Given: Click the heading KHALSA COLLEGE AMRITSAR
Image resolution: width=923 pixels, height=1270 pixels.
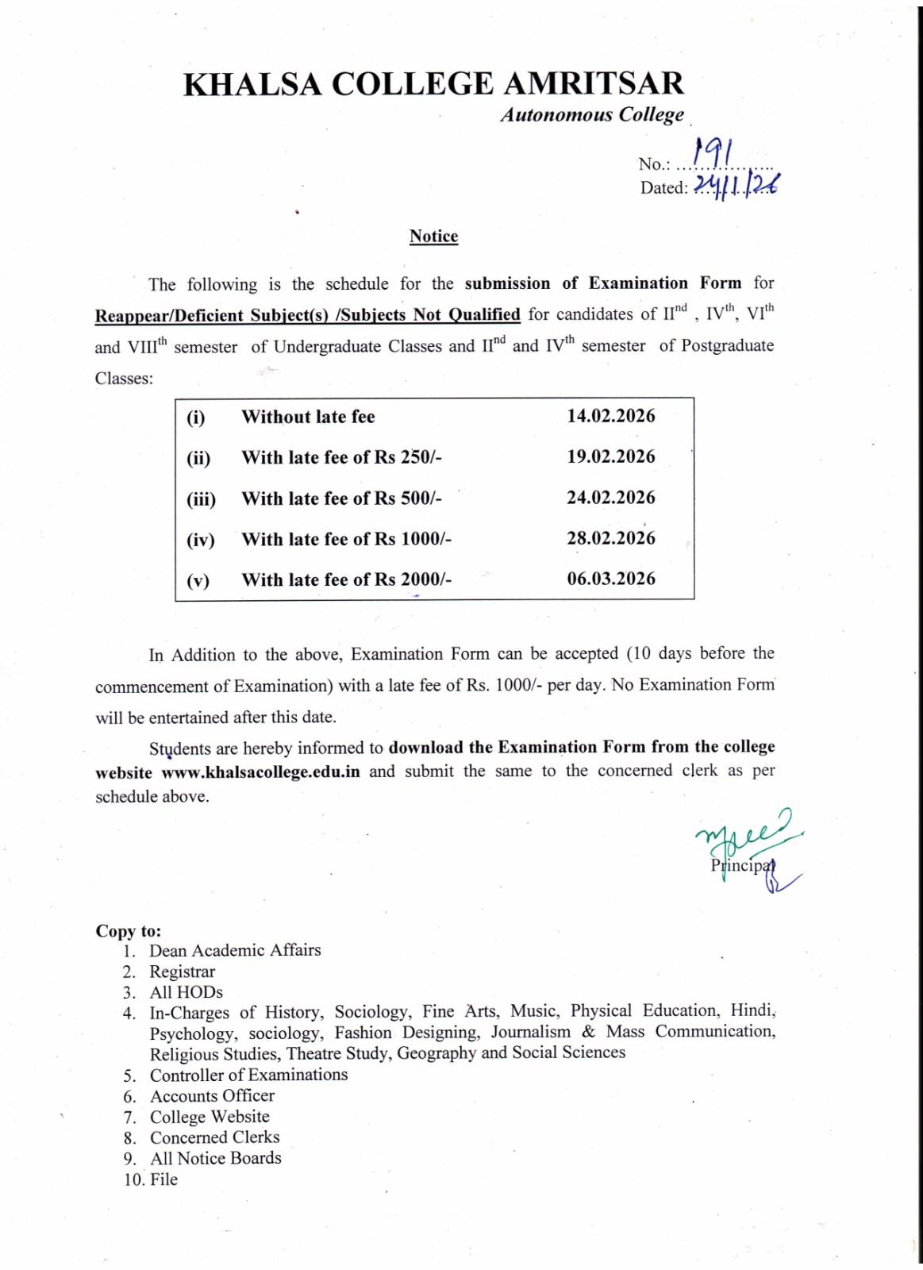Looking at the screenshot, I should pos(433,84).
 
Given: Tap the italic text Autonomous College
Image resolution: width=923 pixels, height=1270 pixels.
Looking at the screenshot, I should pos(592,115).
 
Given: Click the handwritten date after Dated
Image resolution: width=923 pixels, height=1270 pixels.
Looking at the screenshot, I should pos(736,187).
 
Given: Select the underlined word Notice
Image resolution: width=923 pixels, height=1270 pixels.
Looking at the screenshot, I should pos(433,237).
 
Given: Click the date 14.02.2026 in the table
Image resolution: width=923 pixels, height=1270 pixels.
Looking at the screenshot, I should pos(611,416).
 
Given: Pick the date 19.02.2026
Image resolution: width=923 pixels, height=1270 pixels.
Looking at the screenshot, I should pos(611,457).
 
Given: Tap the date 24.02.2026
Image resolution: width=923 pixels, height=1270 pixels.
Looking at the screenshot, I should pos(611,498).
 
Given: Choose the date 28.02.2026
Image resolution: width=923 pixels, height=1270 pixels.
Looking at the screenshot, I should pos(611,538).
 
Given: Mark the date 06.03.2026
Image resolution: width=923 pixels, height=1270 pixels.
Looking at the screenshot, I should pos(611,579).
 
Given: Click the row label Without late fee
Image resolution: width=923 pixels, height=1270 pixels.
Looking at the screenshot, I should pos(308,418).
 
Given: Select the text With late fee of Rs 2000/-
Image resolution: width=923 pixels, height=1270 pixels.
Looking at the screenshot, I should pos(347,580).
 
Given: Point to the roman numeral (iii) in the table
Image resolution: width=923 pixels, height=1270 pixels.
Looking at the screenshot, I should pos(201,500).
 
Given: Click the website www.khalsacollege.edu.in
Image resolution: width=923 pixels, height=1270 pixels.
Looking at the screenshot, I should pos(261,772).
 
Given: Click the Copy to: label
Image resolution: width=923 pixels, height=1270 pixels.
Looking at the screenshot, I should pos(128,930).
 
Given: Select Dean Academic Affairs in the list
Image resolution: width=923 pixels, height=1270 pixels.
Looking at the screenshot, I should pos(235,951).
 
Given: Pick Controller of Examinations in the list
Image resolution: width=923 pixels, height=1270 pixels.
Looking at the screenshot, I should pos(248,1076).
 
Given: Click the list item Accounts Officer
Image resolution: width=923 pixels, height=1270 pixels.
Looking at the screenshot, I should pos(212,1096).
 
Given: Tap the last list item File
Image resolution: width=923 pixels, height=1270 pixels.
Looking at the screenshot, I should pos(163,1180).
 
